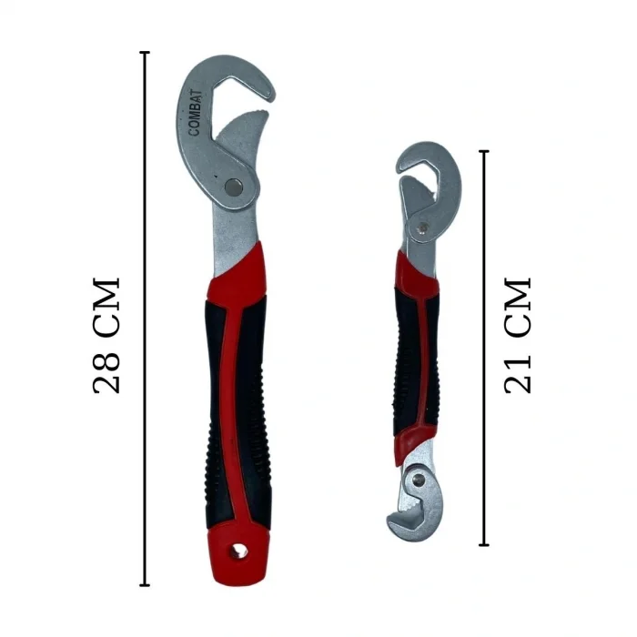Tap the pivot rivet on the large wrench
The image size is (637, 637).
tap(237, 187)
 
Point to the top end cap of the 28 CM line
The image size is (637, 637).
tap(145, 53)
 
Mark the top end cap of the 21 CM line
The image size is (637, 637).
tap(484, 152)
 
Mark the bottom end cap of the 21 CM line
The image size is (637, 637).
tap(484, 545)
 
